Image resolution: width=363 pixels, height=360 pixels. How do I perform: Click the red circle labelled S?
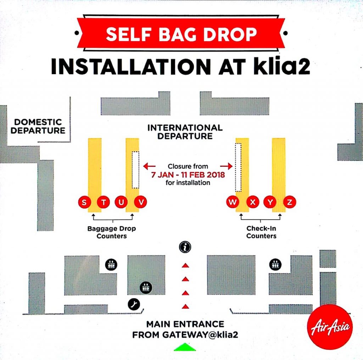coord(84,203)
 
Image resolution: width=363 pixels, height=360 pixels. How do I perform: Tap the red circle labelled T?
coord(103,203)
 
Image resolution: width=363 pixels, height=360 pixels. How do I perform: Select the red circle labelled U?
coord(122,203)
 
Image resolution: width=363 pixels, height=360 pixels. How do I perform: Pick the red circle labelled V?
coord(141,203)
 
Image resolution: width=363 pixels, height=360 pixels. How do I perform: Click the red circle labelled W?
coord(233,203)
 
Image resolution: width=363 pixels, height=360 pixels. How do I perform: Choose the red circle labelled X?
coord(252,203)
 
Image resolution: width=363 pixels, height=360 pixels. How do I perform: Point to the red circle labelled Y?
coord(270,203)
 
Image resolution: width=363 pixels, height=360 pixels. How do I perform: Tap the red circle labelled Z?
coord(290,203)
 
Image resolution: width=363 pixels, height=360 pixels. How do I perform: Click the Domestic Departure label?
coord(38,126)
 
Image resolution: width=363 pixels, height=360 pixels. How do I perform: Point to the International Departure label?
coord(185,132)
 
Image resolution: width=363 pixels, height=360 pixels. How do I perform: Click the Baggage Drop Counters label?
coord(112,232)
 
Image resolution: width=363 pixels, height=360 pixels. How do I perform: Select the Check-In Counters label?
coord(261,232)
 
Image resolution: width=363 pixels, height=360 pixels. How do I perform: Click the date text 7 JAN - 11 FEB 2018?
coord(188,175)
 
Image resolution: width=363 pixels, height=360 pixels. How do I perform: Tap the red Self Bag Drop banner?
coord(181,34)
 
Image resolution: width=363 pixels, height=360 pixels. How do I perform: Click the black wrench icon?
coord(134,304)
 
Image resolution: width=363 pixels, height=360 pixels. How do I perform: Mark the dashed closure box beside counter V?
coord(135,170)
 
